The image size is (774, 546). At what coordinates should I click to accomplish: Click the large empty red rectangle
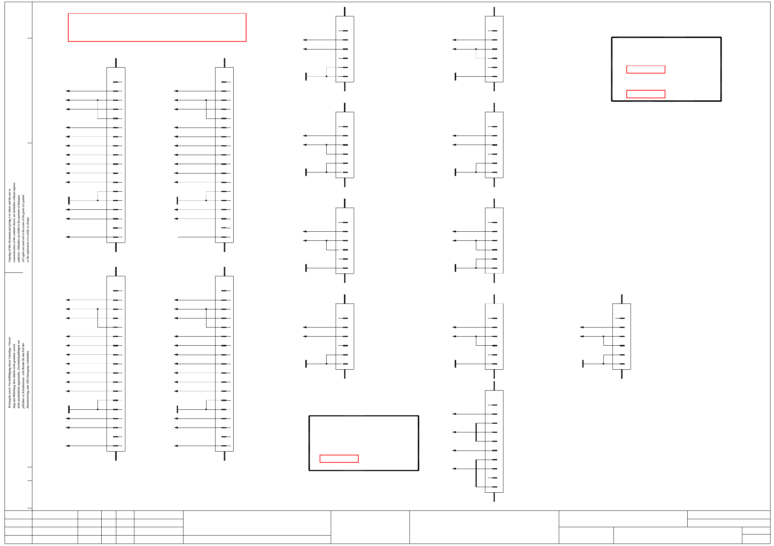point(157,28)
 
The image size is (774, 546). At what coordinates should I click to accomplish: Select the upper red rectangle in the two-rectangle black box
point(646,70)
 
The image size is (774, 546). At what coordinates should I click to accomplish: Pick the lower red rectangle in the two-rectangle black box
point(646,94)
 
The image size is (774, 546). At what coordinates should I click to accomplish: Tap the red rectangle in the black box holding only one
point(339,459)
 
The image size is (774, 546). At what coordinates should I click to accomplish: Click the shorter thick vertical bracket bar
point(476,432)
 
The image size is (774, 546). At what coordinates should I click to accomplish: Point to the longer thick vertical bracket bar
point(476,473)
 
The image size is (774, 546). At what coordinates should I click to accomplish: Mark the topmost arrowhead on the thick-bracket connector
point(454,414)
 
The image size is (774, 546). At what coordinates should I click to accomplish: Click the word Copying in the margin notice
point(9,256)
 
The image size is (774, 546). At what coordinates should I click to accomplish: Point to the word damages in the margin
point(19,200)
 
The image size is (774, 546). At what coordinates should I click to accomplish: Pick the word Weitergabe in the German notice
point(9,401)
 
